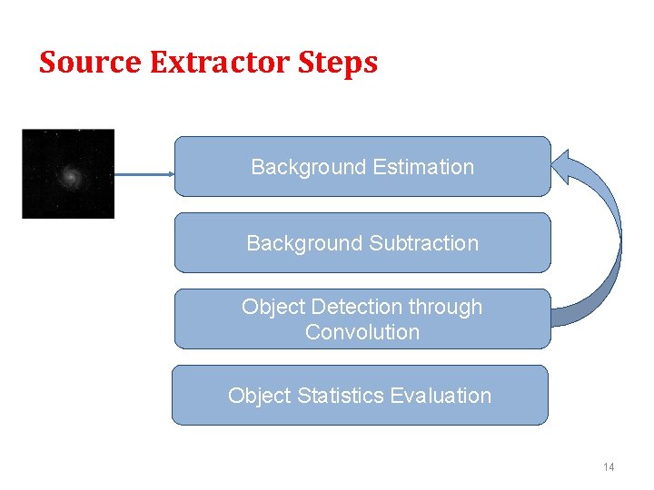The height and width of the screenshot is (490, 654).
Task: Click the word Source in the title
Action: (x=91, y=63)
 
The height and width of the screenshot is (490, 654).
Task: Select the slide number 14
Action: (x=608, y=466)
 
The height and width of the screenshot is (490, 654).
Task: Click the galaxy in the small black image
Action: (x=68, y=173)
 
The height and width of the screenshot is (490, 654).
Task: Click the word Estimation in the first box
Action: (x=424, y=167)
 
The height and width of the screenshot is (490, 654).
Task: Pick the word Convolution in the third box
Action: (x=362, y=332)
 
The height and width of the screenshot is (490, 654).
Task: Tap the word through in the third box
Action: (x=445, y=308)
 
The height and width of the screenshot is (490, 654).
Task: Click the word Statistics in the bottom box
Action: (x=338, y=396)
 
